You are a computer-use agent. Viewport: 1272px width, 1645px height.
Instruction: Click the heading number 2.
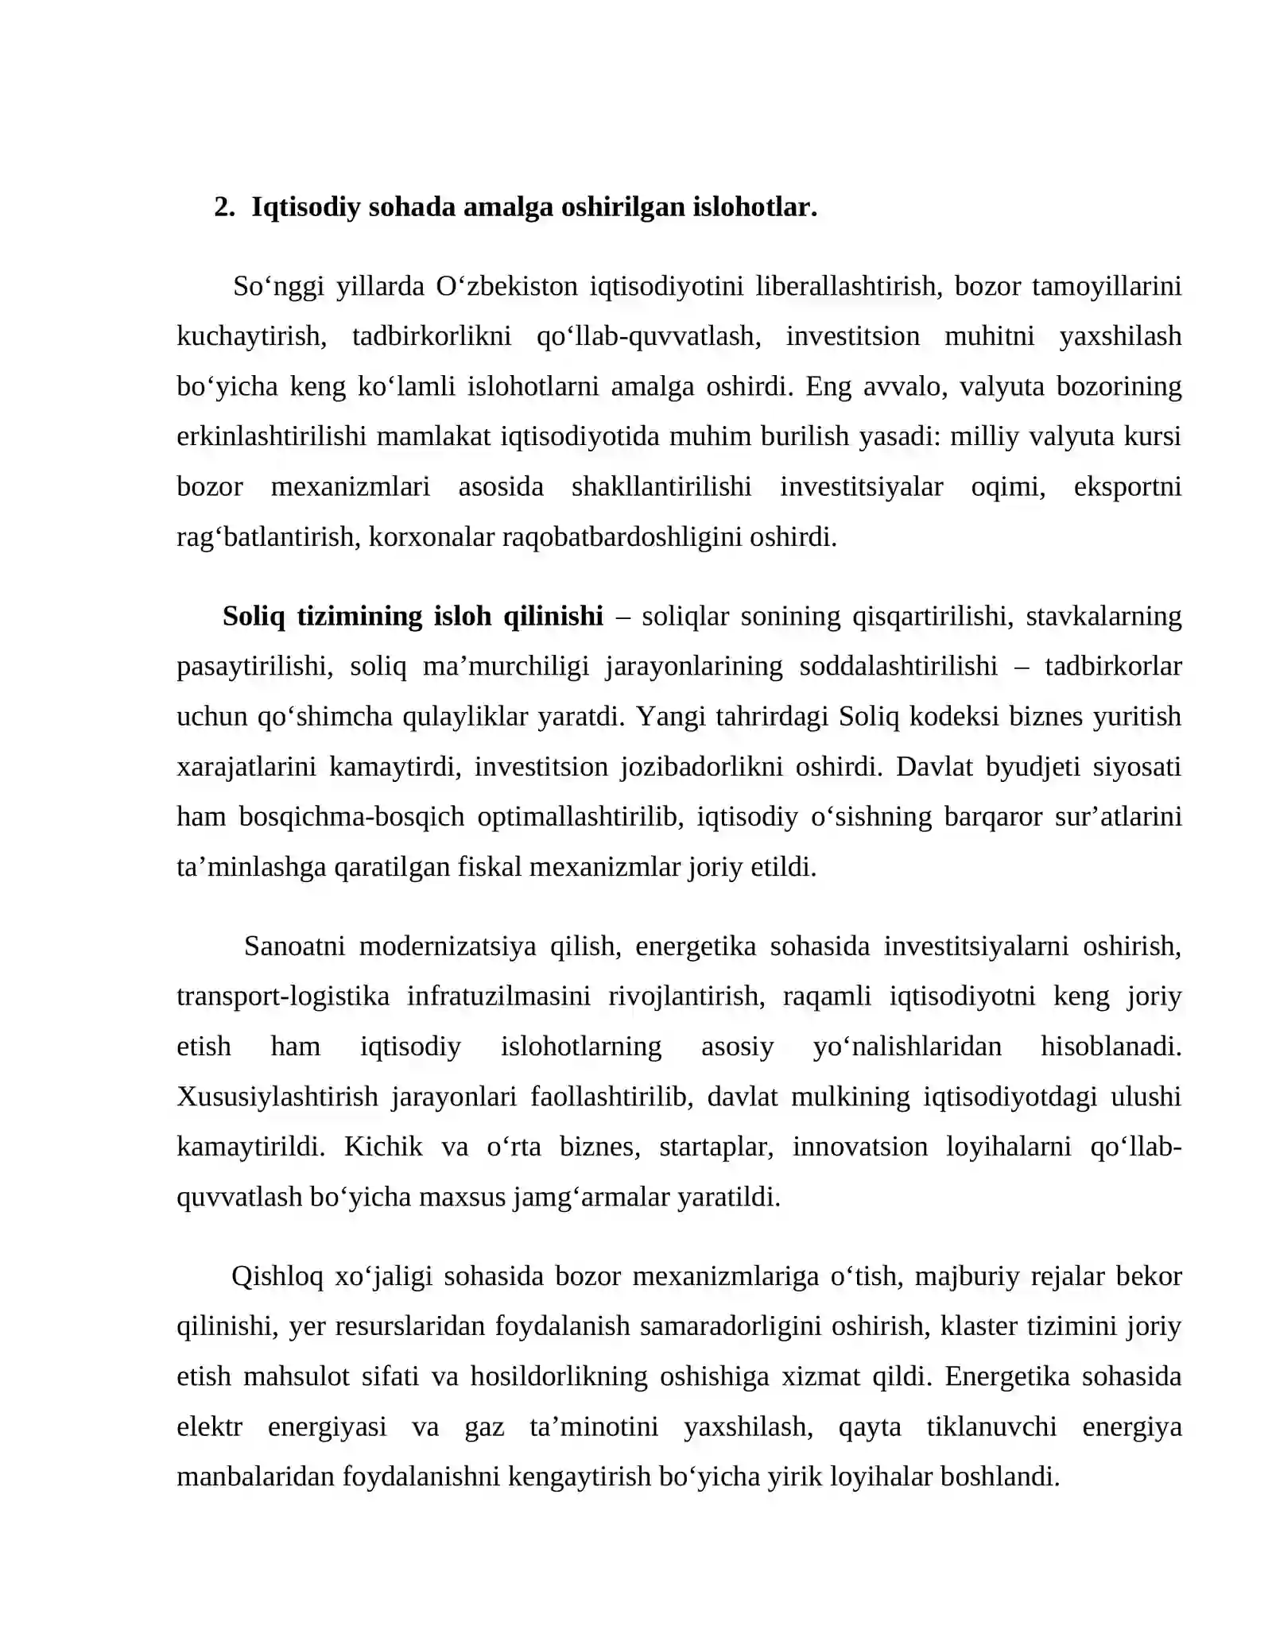click(223, 207)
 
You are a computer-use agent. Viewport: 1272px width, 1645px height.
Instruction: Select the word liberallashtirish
click(848, 286)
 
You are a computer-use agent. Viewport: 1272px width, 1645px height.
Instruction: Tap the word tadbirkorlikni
click(432, 336)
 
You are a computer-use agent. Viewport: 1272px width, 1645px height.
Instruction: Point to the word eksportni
click(1127, 486)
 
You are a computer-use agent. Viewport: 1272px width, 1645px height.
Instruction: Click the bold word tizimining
click(359, 616)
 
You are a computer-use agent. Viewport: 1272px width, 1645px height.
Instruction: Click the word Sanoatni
click(295, 946)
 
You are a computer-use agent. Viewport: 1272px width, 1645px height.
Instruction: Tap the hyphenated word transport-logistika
click(283, 997)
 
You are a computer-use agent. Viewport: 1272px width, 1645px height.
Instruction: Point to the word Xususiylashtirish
click(277, 1097)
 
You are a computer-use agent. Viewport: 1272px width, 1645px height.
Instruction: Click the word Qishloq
click(277, 1276)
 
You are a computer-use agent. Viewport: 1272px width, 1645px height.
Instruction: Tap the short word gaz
click(484, 1427)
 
